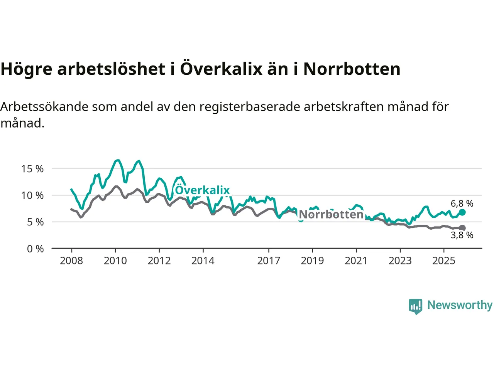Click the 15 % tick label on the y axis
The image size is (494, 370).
coord(32,169)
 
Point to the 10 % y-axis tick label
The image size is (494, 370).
coord(32,195)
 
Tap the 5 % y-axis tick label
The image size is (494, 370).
coord(35,222)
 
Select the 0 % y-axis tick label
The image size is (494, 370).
coord(35,249)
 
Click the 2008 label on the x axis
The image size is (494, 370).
coord(71,261)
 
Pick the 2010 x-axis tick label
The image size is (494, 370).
coord(115,261)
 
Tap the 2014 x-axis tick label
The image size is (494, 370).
coord(203,261)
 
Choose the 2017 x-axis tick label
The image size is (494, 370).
coord(269,261)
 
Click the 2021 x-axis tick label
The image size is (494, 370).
coord(356,261)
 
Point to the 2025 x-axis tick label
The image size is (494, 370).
coord(444,261)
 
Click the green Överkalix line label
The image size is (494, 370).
coord(202,190)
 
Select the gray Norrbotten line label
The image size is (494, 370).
coord(331,214)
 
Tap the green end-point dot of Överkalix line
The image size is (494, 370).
coord(462,212)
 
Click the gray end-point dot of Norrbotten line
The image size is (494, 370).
coord(462,228)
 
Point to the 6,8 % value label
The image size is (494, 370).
coord(462,203)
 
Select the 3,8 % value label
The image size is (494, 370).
coord(462,235)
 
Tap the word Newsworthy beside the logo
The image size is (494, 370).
coord(460,305)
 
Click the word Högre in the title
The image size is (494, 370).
coord(26,69)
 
